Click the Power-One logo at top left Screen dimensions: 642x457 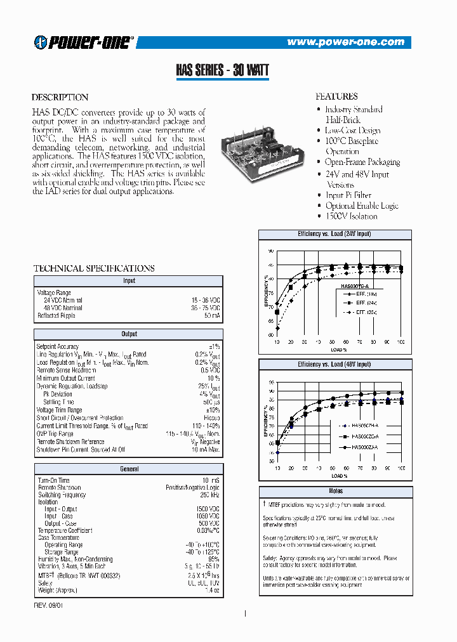tap(84, 42)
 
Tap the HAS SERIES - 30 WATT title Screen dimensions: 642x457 tap(222, 70)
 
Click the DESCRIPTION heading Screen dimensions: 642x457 tap(60, 98)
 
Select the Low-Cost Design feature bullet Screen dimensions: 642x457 tap(352, 130)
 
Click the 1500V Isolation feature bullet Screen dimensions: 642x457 tap(351, 216)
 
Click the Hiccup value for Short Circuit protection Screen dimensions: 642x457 tap(211, 418)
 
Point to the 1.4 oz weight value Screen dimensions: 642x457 tap(213, 590)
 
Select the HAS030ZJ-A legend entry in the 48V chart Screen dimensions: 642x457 tap(364, 447)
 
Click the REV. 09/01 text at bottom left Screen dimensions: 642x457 tap(49, 605)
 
